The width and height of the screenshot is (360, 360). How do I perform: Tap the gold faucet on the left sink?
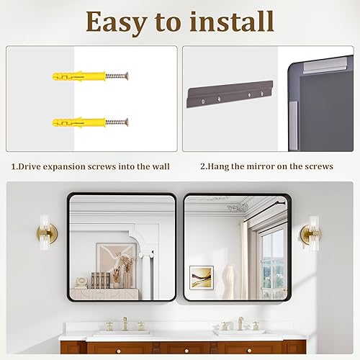(124, 324)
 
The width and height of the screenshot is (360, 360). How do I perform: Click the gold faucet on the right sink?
(240, 323)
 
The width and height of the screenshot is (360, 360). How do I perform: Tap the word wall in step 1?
(160, 166)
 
